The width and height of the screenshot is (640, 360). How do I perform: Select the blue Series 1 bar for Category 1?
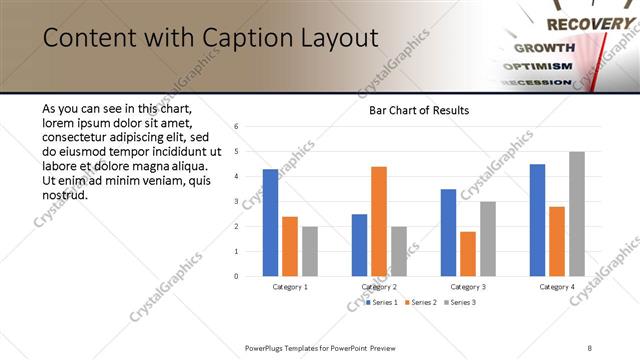(x=270, y=222)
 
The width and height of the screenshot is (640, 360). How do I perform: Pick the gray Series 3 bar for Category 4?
(x=577, y=214)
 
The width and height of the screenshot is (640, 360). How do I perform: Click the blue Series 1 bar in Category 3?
(x=448, y=232)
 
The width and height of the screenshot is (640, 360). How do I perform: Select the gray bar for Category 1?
(x=309, y=251)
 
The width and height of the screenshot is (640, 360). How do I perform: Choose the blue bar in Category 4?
(x=538, y=220)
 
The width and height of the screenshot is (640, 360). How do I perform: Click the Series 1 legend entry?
(x=382, y=301)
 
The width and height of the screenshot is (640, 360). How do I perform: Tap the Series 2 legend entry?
(x=420, y=301)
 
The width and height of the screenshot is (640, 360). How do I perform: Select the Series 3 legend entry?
(x=459, y=301)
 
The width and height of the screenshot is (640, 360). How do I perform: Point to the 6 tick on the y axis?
(x=236, y=127)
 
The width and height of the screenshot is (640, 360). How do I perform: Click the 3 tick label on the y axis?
(x=236, y=202)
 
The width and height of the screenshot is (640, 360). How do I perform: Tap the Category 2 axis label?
(x=380, y=287)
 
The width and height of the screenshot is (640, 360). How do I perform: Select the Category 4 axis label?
(x=558, y=287)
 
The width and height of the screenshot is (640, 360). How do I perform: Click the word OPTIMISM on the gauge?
(x=542, y=66)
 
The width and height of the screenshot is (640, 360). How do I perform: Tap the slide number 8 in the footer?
(x=590, y=347)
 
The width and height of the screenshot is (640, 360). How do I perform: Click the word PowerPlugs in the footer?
(x=266, y=347)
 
